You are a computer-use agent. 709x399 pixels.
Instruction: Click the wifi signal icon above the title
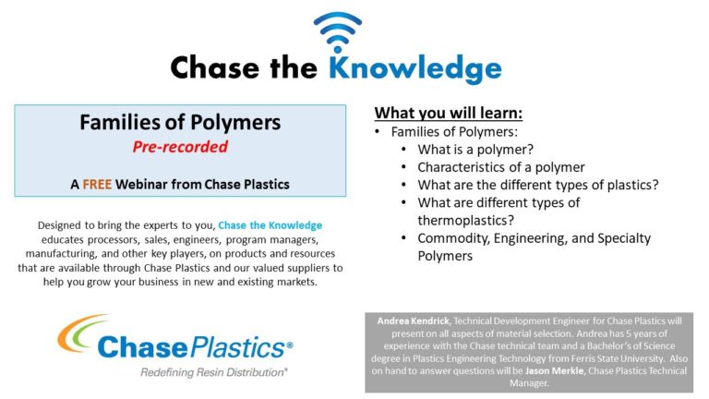click(x=337, y=33)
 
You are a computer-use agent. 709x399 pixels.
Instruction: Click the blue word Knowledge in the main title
click(x=403, y=67)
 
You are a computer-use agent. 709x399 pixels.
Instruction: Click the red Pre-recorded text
click(x=180, y=147)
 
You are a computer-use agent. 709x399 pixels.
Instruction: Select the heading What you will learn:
click(x=448, y=114)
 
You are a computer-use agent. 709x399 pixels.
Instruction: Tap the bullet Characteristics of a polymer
click(x=500, y=167)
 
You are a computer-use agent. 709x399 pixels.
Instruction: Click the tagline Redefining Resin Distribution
click(x=213, y=371)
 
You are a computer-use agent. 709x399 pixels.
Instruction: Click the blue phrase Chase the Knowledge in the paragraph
click(x=270, y=225)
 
